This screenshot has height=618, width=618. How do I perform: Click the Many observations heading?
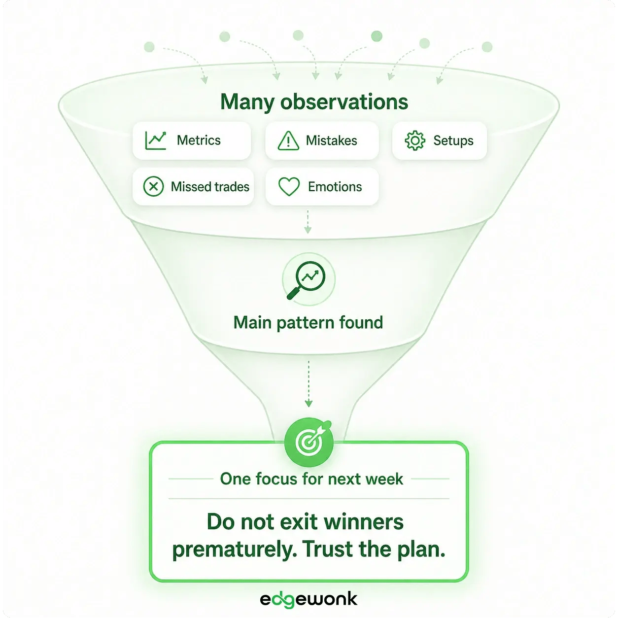[x=314, y=102]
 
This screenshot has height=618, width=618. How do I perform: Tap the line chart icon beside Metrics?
[x=156, y=140]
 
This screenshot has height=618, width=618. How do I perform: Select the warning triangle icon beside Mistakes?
[x=288, y=140]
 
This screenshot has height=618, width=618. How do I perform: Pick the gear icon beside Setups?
[x=415, y=140]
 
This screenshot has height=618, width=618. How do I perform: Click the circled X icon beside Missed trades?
[x=153, y=187]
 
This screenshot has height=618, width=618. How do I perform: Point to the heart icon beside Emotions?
[x=289, y=187]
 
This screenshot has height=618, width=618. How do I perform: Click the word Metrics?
[x=199, y=140]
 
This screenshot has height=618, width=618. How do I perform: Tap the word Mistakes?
[x=331, y=140]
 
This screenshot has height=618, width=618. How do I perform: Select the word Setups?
[x=453, y=140]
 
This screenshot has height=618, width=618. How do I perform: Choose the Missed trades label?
[x=210, y=187]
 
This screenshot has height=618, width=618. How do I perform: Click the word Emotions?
[x=335, y=187]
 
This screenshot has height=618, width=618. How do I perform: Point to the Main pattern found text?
[x=308, y=322]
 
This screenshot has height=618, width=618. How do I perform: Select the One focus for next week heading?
[x=311, y=479]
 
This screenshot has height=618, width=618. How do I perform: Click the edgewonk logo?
[x=309, y=599]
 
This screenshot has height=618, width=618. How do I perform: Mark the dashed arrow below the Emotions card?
[x=308, y=222]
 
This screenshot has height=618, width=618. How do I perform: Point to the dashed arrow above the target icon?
[x=309, y=383]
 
